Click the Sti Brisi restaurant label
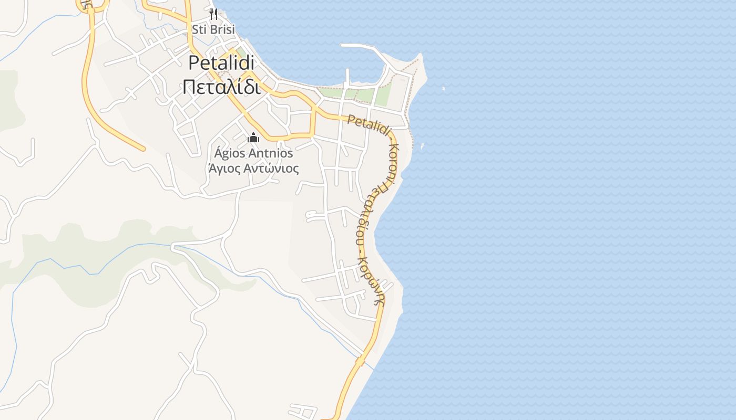(x=213, y=29)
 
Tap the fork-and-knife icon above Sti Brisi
(x=213, y=14)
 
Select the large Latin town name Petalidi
(x=221, y=63)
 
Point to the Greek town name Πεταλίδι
(x=221, y=87)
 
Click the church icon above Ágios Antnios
(x=253, y=138)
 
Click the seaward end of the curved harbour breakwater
(x=343, y=45)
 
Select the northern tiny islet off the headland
(x=443, y=88)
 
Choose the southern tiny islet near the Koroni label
(x=422, y=146)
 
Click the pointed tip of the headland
(x=420, y=54)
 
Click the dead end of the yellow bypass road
(x=142, y=149)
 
